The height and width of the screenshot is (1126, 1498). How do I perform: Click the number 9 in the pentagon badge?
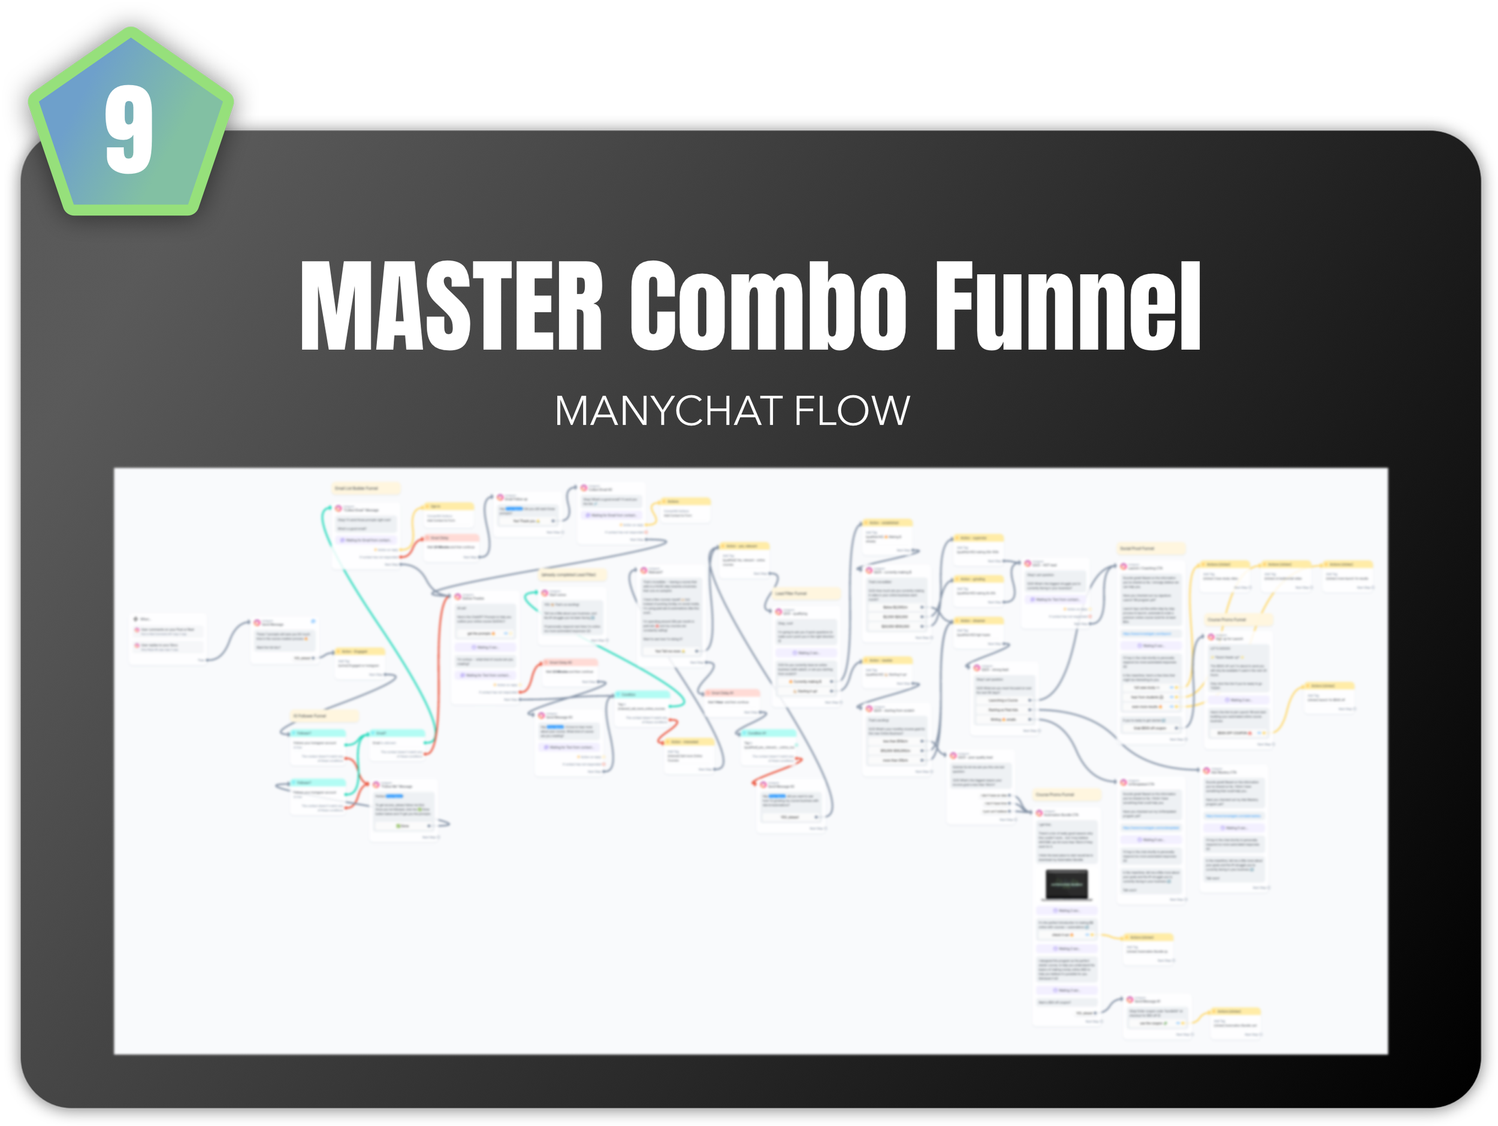(129, 129)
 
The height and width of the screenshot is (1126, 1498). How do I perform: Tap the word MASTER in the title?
(451, 306)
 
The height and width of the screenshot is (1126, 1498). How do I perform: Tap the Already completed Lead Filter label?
(572, 574)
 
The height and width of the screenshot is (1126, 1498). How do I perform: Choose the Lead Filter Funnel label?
(806, 593)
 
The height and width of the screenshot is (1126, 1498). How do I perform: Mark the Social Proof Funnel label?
(1150, 548)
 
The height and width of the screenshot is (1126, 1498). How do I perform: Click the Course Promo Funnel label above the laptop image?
(1067, 794)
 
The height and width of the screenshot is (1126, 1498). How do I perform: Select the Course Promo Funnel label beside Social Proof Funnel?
(1237, 619)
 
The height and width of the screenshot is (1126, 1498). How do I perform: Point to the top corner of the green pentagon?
(131, 31)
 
